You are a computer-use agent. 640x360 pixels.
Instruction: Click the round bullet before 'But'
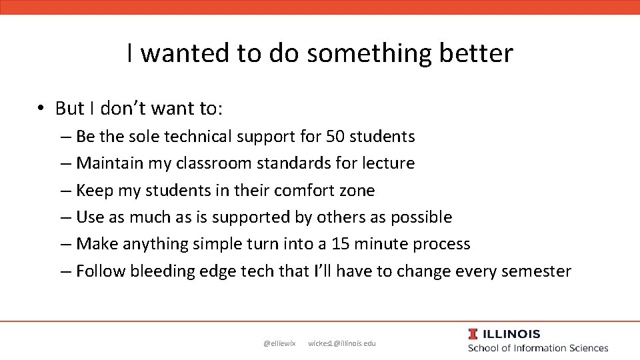pos(41,108)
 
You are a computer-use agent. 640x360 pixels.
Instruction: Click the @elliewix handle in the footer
pos(279,343)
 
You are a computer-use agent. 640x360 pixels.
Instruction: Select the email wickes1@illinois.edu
pos(342,343)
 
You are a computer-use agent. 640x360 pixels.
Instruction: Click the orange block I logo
pos(473,334)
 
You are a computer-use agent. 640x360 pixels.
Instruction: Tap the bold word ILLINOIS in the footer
pos(511,334)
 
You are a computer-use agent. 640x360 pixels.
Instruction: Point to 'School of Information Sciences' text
pos(538,348)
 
